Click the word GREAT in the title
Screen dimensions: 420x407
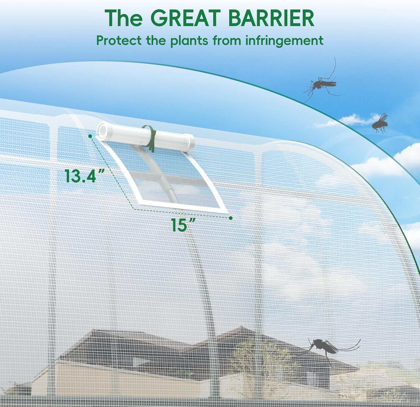(x=186, y=18)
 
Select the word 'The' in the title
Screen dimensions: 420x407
(x=124, y=18)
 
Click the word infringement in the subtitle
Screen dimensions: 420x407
(x=284, y=41)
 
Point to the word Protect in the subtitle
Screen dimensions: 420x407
(x=119, y=41)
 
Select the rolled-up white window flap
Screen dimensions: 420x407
(x=145, y=137)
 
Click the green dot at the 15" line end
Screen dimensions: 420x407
(x=231, y=218)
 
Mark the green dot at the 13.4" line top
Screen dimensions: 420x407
(x=90, y=136)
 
